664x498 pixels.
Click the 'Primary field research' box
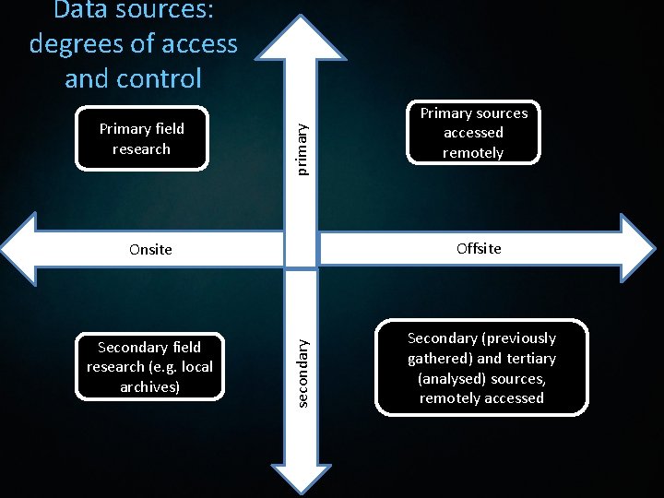[142, 138]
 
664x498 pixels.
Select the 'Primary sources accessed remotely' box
[473, 133]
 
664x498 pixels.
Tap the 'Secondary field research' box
[149, 366]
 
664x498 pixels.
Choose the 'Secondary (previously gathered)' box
[481, 368]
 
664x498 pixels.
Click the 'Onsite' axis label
[150, 249]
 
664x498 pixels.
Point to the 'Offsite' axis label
[480, 248]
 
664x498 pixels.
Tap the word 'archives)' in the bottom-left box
[149, 386]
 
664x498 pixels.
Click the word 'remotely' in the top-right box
[473, 153]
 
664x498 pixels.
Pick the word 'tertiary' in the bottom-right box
[530, 358]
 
